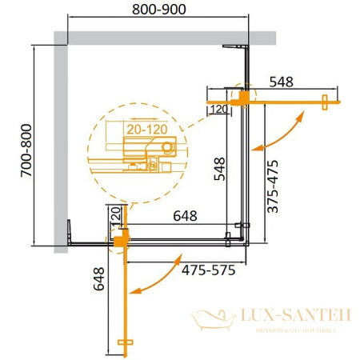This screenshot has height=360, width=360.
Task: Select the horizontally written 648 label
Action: [180, 215]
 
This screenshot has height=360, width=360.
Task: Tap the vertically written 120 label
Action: [114, 216]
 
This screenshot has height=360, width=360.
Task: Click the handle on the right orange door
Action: [326, 102]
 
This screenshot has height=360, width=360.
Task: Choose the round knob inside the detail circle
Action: [166, 147]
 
